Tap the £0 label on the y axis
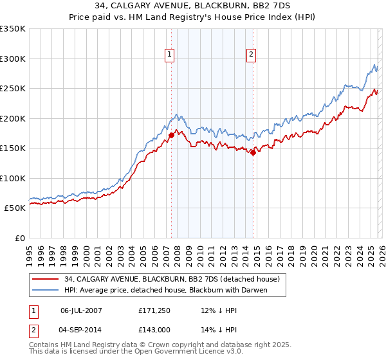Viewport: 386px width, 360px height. (19, 239)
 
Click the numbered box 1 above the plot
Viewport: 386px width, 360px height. (169, 55)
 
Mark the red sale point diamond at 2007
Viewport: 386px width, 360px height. (172, 135)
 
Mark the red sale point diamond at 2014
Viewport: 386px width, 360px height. (253, 152)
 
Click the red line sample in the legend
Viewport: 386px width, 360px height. (46, 280)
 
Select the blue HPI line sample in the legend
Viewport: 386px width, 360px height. (46, 291)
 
